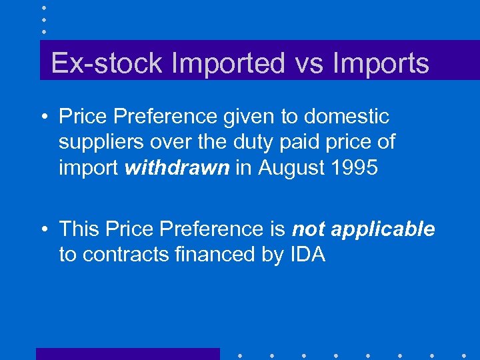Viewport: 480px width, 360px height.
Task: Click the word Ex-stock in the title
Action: tap(107, 63)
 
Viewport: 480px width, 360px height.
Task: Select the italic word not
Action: tap(309, 229)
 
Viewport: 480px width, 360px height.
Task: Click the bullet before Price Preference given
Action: tap(44, 117)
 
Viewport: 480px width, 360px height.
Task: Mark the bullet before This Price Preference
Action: tap(44, 230)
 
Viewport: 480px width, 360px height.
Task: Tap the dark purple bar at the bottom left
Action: tap(127, 354)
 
